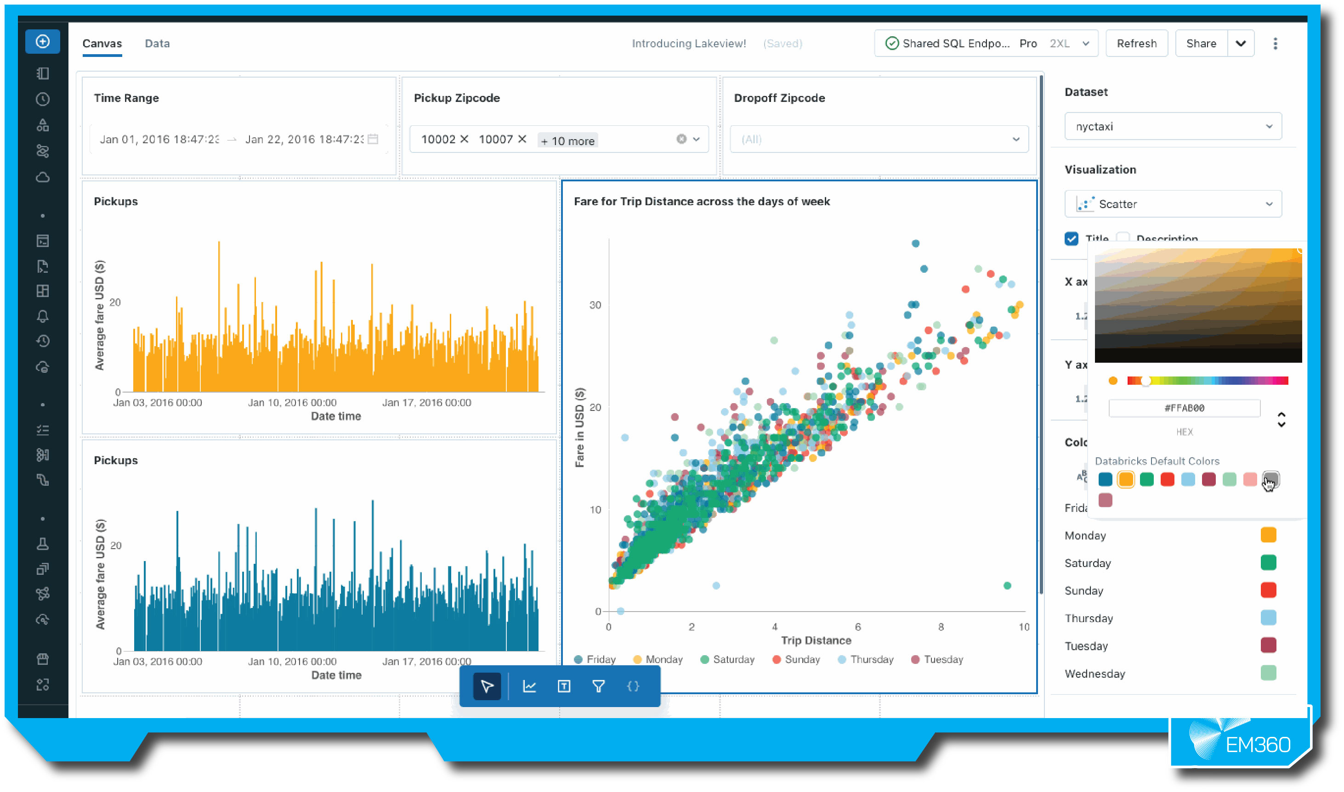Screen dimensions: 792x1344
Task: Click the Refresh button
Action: tap(1136, 43)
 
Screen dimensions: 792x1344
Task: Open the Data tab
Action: tap(157, 43)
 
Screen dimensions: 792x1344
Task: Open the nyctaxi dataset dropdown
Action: tap(1172, 126)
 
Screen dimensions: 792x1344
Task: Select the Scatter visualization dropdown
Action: tap(1172, 204)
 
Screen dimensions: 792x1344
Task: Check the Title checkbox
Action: tap(1071, 239)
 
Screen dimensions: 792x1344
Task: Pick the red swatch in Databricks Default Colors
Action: tap(1167, 479)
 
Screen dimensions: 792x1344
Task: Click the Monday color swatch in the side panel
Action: tap(1268, 535)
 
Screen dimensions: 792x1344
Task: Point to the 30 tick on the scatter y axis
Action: tap(595, 305)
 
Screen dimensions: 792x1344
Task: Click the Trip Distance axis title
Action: tap(816, 640)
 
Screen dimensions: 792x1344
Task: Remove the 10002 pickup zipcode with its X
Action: tap(464, 139)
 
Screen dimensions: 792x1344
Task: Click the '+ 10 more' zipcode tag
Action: tap(567, 141)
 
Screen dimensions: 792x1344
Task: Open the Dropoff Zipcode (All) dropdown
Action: tap(879, 139)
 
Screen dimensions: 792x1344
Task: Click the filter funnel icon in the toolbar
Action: tap(598, 686)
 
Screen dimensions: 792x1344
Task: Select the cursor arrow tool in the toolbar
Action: tap(487, 686)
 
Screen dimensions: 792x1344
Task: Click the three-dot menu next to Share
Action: tap(1275, 43)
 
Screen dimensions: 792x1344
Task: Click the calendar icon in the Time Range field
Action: tap(373, 139)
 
